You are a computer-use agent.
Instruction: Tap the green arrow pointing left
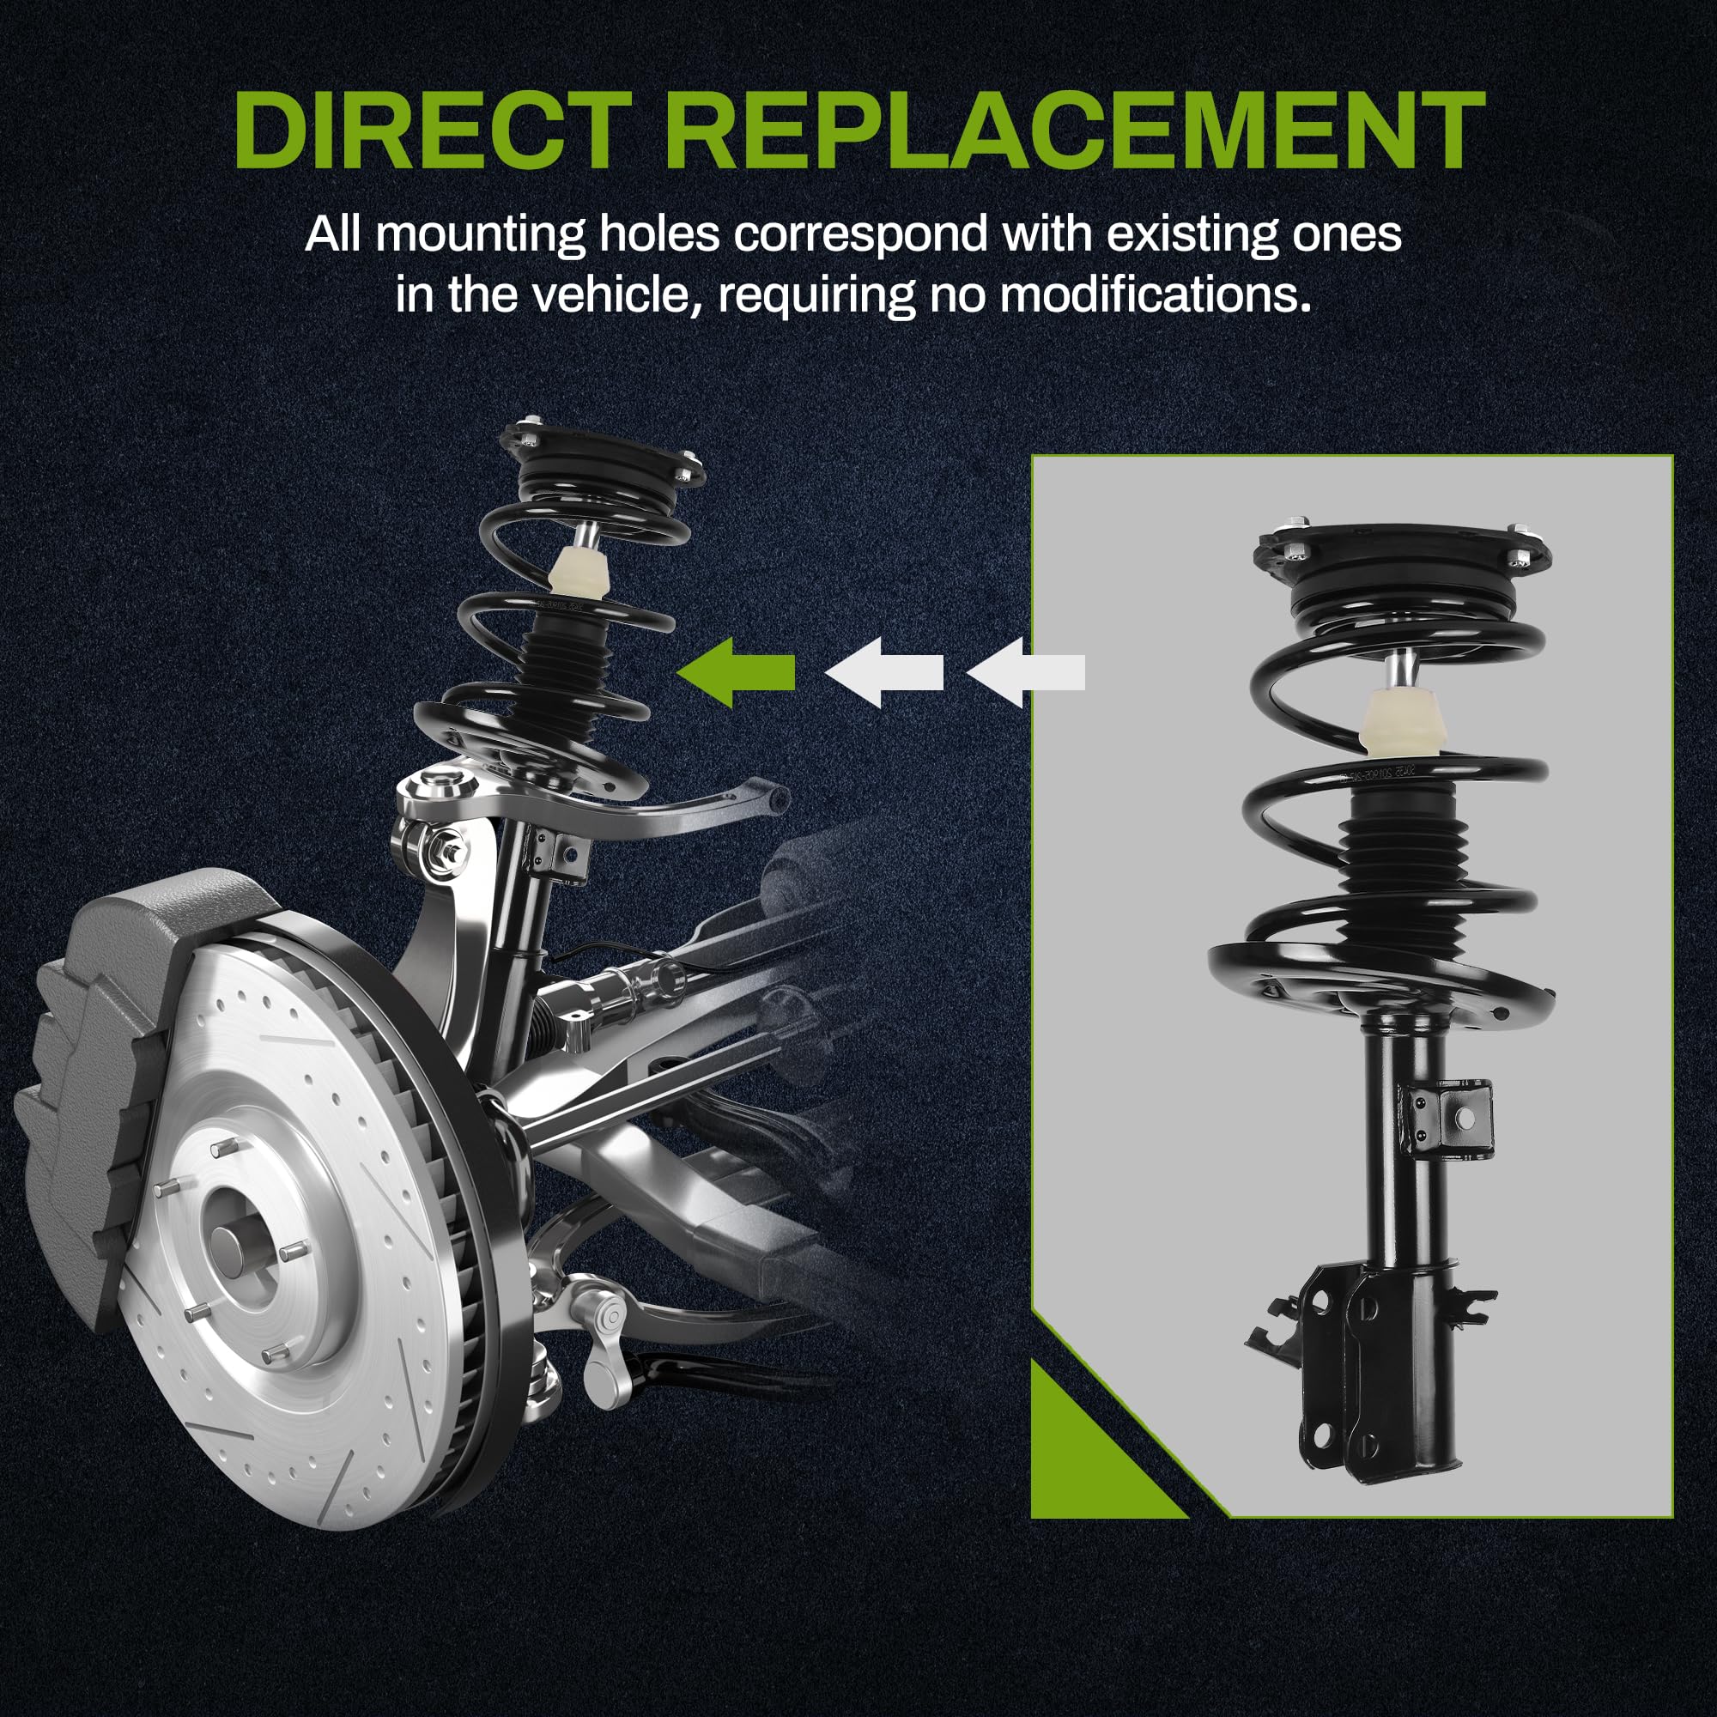click(736, 672)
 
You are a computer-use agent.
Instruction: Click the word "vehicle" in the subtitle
click(612, 295)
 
